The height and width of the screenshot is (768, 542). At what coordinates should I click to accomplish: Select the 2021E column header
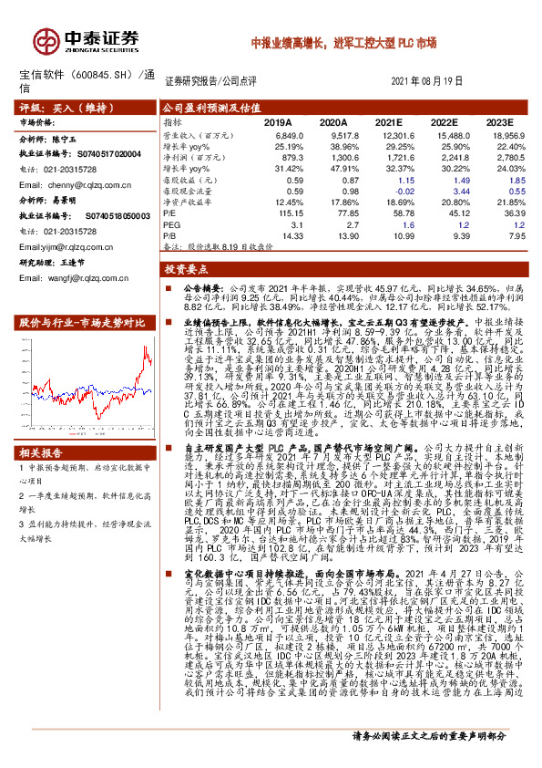(x=388, y=120)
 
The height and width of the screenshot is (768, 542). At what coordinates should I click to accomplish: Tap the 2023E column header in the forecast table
(x=499, y=120)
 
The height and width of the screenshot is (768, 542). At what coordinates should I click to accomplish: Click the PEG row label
(x=171, y=223)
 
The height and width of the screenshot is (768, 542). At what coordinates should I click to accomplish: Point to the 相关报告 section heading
(x=41, y=452)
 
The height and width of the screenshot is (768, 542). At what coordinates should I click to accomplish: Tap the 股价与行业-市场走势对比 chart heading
(x=82, y=323)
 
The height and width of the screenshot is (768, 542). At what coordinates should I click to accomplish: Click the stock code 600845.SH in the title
(x=106, y=74)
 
